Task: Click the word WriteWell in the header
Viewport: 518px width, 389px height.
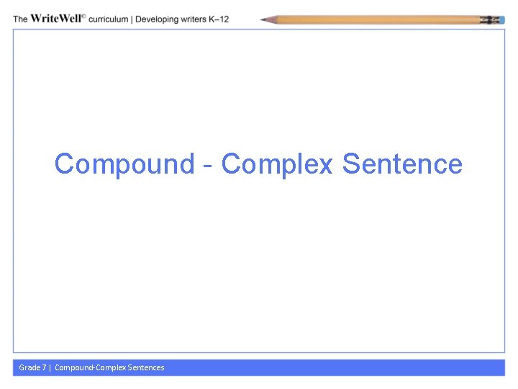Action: pyautogui.click(x=57, y=19)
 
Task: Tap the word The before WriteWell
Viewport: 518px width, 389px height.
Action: pyautogui.click(x=21, y=19)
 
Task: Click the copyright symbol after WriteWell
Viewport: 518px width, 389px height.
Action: pyautogui.click(x=85, y=17)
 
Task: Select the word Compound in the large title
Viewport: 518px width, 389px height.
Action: pyautogui.click(x=124, y=164)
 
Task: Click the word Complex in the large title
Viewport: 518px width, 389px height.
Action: pyautogui.click(x=277, y=164)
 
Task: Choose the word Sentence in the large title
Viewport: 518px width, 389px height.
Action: pyautogui.click(x=402, y=164)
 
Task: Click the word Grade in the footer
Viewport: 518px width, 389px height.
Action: pyautogui.click(x=29, y=367)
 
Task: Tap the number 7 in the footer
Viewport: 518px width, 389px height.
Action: pyautogui.click(x=44, y=367)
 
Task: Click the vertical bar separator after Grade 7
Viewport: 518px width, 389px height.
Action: pyautogui.click(x=50, y=367)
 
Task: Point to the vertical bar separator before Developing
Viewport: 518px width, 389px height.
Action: pyautogui.click(x=132, y=19)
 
